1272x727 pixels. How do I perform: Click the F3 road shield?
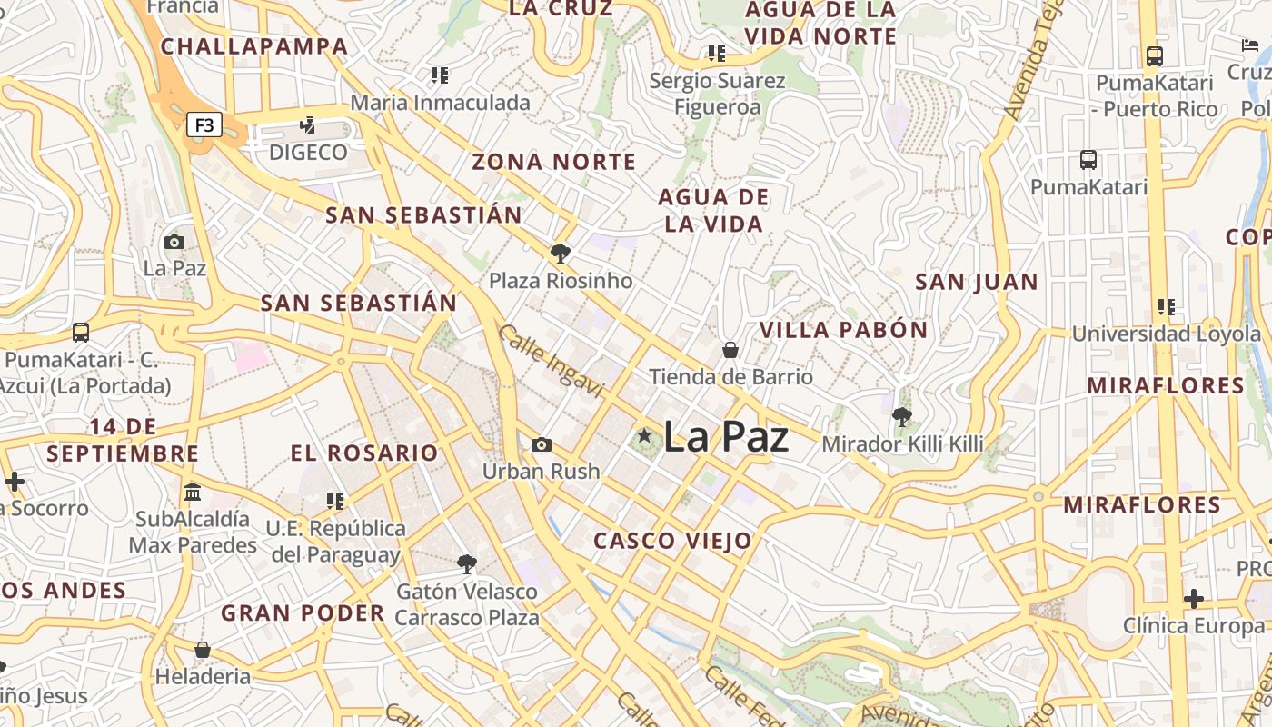click(x=204, y=124)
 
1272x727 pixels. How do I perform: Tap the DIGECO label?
click(x=308, y=152)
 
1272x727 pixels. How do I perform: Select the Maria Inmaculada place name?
click(x=440, y=103)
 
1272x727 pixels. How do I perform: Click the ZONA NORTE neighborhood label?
click(x=553, y=163)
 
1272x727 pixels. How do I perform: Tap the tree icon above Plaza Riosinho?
click(x=561, y=254)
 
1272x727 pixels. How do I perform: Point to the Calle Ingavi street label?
click(x=551, y=361)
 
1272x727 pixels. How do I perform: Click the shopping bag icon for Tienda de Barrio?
click(x=730, y=350)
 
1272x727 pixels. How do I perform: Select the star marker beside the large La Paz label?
click(x=645, y=436)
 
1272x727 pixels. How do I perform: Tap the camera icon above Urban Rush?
click(x=542, y=444)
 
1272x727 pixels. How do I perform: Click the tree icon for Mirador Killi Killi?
click(x=902, y=418)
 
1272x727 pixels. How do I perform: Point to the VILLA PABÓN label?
click(x=843, y=330)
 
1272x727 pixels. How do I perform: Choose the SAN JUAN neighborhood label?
click(x=976, y=282)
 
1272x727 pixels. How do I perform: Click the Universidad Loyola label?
click(x=1167, y=334)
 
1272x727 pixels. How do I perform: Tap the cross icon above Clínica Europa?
click(x=1194, y=599)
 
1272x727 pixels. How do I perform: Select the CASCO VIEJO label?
click(x=673, y=542)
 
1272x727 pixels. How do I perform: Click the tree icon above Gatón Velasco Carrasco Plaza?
click(x=467, y=564)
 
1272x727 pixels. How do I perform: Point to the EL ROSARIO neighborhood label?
click(x=364, y=453)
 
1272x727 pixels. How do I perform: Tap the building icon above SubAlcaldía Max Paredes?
click(x=193, y=493)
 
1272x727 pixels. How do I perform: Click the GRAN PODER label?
click(x=303, y=612)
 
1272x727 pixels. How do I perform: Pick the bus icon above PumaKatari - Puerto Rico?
click(x=1154, y=56)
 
